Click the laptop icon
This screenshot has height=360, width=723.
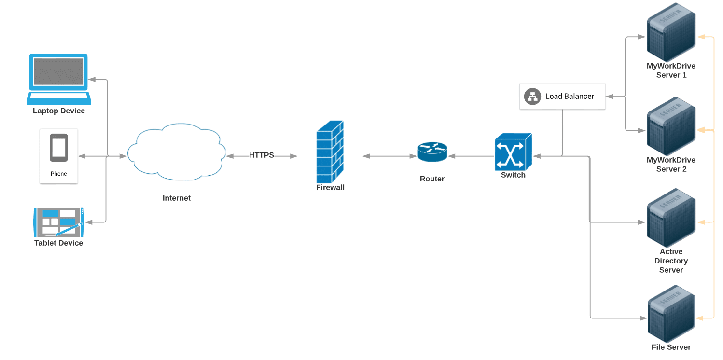tap(59, 79)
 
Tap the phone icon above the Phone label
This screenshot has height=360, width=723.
tap(59, 148)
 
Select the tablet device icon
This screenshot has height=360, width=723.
tap(59, 222)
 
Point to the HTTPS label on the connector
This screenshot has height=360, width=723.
tap(262, 155)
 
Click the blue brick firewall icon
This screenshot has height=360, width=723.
tap(331, 150)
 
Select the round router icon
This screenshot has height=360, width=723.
tap(432, 152)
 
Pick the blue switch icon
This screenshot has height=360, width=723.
tap(513, 152)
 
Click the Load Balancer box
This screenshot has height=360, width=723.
tap(562, 97)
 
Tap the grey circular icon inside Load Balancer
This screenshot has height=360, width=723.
tap(533, 97)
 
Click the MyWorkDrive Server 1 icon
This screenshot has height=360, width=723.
tap(671, 32)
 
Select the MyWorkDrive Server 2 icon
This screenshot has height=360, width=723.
tap(671, 126)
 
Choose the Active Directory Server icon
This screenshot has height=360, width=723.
tap(671, 218)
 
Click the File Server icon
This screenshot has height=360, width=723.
tap(671, 314)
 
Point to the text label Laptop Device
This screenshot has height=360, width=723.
tap(59, 111)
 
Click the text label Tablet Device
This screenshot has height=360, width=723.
tap(59, 243)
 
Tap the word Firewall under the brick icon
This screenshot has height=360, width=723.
tap(331, 188)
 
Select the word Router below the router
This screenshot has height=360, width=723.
tap(432, 179)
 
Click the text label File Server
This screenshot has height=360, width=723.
tap(671, 347)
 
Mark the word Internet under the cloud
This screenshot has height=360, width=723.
tap(177, 198)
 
